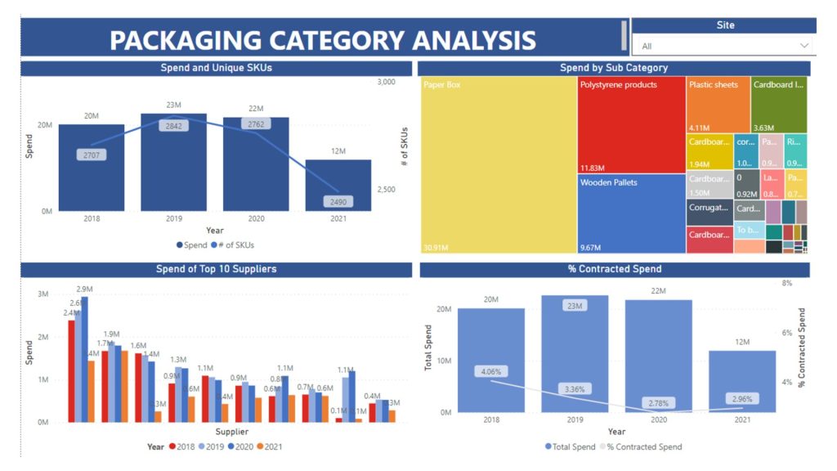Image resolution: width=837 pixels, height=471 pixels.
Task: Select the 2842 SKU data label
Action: [x=173, y=126]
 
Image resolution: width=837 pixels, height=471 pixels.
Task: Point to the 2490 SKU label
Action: [x=338, y=201]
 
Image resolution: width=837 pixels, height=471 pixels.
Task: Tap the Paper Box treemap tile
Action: [x=499, y=164]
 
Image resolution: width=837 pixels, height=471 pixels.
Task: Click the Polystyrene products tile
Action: [x=631, y=123]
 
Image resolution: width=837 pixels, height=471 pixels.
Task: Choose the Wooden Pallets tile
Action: [x=631, y=213]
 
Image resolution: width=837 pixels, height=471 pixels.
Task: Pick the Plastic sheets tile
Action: [x=718, y=102]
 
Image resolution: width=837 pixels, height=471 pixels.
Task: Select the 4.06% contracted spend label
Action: [x=491, y=371]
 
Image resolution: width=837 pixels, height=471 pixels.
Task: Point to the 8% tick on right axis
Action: [x=787, y=283]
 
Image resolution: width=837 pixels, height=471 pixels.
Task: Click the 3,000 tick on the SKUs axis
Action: [x=387, y=82]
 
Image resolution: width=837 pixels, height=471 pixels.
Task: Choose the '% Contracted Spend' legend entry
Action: [x=647, y=446]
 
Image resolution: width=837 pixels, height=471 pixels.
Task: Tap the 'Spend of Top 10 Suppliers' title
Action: [x=216, y=269]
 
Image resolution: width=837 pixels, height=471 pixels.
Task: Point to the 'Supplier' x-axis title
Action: [x=233, y=432]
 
